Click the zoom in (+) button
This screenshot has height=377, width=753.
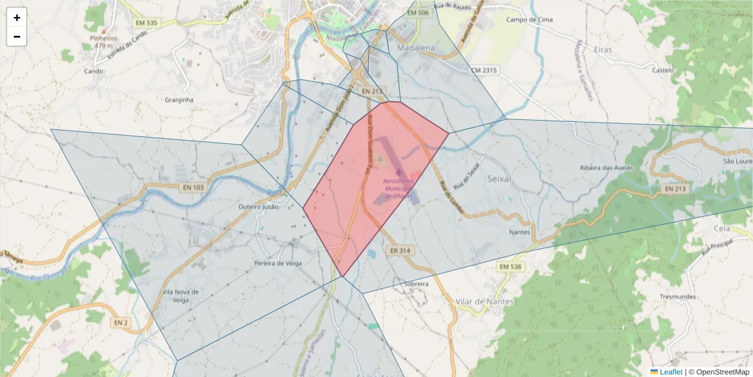point(17,18)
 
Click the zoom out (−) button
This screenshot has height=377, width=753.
point(17,36)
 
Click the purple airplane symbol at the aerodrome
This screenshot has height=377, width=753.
point(398,172)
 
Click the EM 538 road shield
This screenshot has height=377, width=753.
point(511,267)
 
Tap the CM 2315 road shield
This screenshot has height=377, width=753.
point(484,70)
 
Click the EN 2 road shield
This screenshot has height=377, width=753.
point(121,323)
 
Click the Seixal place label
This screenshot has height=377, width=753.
point(499,178)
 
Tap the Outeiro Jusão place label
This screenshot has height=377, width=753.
point(259,206)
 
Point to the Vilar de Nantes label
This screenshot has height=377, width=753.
point(484,302)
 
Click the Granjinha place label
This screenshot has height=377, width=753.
point(179,99)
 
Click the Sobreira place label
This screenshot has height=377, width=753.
point(417,284)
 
